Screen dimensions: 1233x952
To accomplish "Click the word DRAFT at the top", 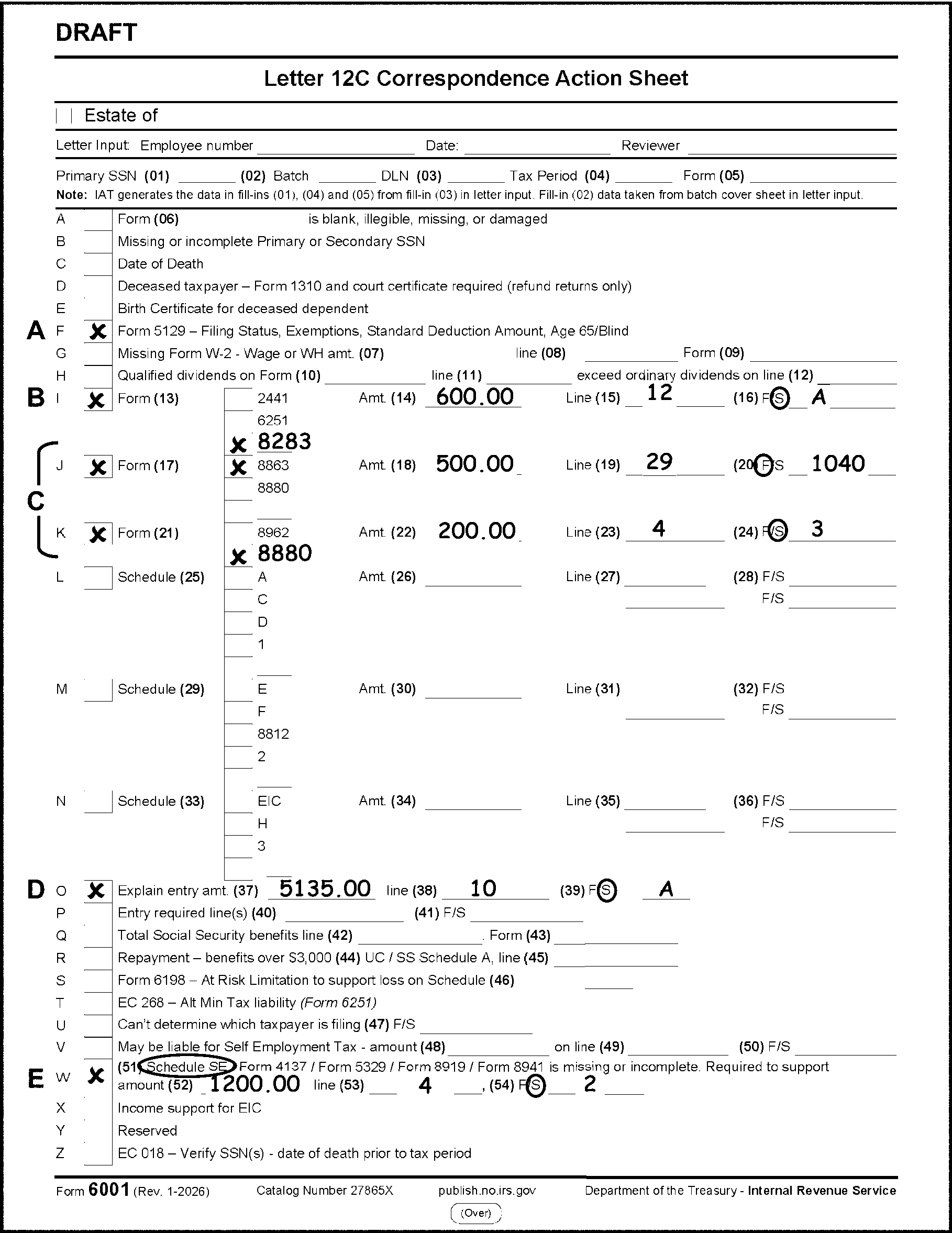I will tap(96, 33).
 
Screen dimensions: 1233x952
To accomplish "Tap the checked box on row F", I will tap(98, 331).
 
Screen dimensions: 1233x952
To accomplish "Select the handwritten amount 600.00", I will tap(474, 397).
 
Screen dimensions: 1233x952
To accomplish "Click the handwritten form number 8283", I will tap(284, 441).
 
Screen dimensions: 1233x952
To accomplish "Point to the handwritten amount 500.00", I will tap(474, 464).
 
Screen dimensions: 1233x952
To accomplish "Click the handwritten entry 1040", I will tap(838, 464).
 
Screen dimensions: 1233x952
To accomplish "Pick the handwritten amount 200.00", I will tap(477, 531).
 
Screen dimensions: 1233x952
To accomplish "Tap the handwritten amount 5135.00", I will tap(325, 888).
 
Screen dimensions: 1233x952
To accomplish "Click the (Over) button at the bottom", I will tap(475, 1213).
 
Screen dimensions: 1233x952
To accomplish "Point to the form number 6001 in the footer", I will tap(109, 1190).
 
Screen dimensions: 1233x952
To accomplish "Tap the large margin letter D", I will tap(36, 890).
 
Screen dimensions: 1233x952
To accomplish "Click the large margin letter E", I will tap(36, 1079).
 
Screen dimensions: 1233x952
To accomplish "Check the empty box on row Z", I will tap(98, 1153).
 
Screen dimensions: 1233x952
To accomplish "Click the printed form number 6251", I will tap(273, 420).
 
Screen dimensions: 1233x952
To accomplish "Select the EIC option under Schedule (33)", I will tap(269, 801).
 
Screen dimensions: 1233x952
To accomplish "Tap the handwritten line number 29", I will tap(659, 462).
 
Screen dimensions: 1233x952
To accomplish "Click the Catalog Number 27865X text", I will tap(325, 1191).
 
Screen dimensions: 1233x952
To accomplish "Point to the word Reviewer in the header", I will tap(650, 146).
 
